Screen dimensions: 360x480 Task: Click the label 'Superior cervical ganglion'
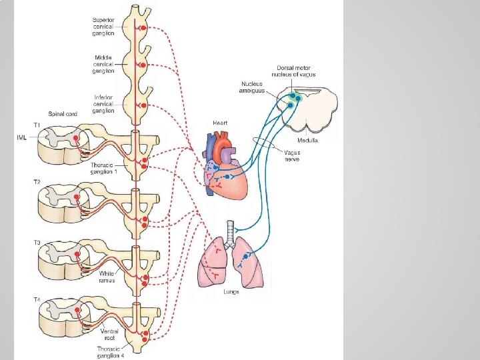[103, 26]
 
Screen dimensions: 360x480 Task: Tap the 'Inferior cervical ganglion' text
[103, 103]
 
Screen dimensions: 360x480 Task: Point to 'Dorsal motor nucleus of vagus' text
[296, 71]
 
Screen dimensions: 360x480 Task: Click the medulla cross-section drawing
[310, 110]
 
